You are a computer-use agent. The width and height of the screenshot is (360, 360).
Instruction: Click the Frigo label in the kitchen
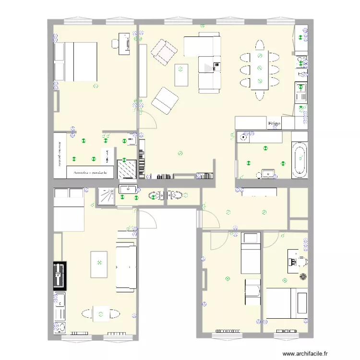point(274,123)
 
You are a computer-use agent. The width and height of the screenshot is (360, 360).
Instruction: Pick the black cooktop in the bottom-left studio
point(60,276)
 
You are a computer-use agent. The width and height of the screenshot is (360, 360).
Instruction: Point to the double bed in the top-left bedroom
point(75,61)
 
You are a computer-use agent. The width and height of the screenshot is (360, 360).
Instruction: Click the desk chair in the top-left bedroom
point(116,44)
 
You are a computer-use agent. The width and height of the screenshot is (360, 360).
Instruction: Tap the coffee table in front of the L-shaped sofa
point(181,75)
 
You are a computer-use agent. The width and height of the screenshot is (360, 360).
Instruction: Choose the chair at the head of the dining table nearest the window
point(260,45)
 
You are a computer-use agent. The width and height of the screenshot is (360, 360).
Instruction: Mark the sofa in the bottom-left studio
point(126,266)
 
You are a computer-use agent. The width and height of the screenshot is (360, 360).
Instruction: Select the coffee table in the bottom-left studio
point(100,264)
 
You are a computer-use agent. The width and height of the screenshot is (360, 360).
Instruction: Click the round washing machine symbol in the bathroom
point(243,137)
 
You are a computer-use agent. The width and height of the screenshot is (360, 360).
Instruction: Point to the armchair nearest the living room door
point(165,101)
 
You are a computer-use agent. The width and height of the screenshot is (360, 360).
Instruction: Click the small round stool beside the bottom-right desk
point(303,276)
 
